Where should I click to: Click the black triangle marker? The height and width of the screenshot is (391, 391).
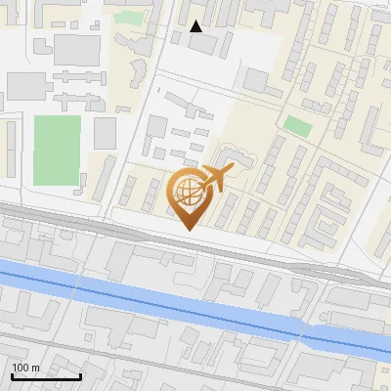(x=195, y=26)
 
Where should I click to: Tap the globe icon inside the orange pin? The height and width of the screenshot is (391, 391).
(x=187, y=193)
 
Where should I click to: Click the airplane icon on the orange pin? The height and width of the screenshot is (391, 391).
(x=216, y=179)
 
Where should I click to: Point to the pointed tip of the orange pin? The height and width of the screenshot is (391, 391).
(x=187, y=229)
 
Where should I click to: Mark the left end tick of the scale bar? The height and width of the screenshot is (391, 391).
(x=12, y=374)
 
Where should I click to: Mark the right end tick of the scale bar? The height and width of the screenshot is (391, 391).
(x=80, y=374)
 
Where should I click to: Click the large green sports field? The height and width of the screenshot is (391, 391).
(x=58, y=150)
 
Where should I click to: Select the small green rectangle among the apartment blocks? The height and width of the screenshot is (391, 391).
(x=297, y=125)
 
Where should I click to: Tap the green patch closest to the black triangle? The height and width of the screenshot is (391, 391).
(x=126, y=17)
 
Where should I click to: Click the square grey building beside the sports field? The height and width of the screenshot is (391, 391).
(x=105, y=133)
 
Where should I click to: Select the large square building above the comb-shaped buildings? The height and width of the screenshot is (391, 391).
(x=76, y=48)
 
